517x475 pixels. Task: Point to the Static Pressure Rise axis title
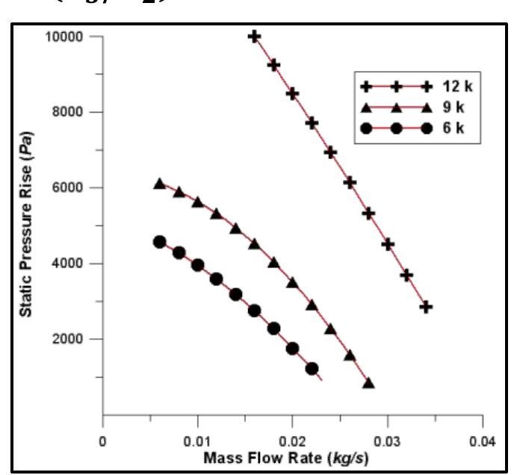coord(25,225)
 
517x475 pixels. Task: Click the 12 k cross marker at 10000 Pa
coord(254,36)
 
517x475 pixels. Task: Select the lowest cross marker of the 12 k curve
coord(426,306)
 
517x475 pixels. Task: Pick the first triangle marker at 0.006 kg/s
coord(159,184)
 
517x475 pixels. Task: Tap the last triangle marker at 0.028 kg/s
coord(368,383)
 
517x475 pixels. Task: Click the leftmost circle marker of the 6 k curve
coord(159,242)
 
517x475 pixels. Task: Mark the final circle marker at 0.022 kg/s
coord(312,368)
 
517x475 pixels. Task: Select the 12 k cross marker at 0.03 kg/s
coord(388,244)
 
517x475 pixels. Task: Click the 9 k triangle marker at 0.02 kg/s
coord(292,283)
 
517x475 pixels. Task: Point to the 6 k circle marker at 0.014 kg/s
coord(235,294)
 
